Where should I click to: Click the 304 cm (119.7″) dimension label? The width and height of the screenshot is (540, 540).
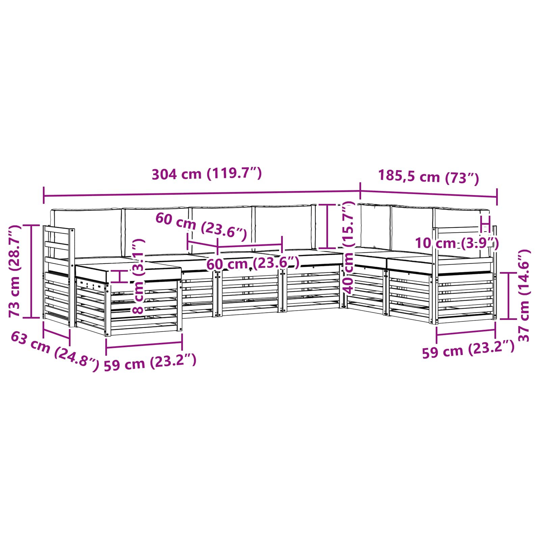207,174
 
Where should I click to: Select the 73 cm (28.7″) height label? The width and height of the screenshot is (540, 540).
15,271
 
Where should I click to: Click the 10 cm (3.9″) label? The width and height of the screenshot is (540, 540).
457,243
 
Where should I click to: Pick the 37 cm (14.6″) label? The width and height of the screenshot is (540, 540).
523,295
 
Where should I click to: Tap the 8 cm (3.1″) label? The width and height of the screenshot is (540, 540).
139,277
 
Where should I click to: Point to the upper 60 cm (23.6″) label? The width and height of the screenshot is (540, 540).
201,225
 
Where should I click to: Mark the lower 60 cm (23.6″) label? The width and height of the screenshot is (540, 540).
252,263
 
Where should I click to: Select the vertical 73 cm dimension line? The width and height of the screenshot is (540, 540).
31,271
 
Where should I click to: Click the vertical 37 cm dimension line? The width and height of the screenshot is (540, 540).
508,295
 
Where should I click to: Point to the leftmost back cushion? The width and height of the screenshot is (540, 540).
86,232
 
